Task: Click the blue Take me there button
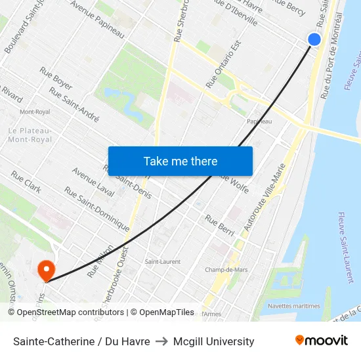click(x=180, y=161)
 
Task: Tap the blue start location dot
click(x=314, y=39)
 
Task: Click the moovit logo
click(x=322, y=341)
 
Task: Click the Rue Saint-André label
click(x=74, y=106)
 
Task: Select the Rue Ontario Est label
click(x=224, y=64)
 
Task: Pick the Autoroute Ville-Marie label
click(x=265, y=196)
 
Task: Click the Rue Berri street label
click(x=220, y=224)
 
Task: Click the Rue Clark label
click(x=26, y=183)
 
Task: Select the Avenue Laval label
click(x=93, y=183)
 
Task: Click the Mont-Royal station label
click(x=35, y=112)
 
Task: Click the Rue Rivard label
click(x=11, y=94)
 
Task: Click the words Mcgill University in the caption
click(x=213, y=341)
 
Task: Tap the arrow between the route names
click(x=161, y=341)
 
